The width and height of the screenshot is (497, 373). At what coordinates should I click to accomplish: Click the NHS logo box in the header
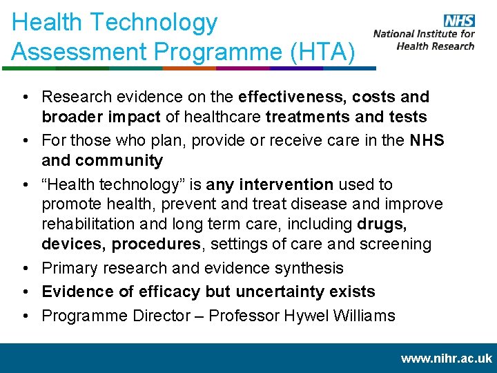coord(458,21)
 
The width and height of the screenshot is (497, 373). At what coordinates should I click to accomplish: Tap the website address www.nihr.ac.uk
coord(446,358)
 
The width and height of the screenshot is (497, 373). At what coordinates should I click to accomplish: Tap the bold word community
coord(119,161)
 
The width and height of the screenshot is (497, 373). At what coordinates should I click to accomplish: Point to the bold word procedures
coord(156,244)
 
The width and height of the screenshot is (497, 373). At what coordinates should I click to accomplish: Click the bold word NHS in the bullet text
coord(427,141)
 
